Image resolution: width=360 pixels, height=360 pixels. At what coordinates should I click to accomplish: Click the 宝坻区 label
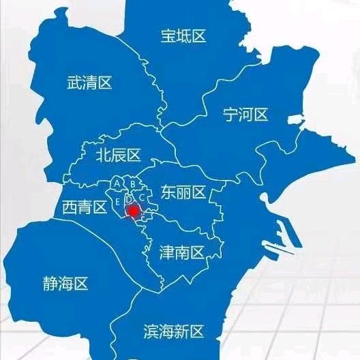[x=183, y=36]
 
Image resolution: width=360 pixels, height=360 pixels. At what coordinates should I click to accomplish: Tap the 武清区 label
[x=89, y=83]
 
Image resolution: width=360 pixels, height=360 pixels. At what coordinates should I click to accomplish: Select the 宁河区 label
[x=246, y=115]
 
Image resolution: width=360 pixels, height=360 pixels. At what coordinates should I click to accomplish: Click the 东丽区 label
[x=183, y=193]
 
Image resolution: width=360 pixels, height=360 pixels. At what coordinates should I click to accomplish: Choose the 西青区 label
[x=85, y=207]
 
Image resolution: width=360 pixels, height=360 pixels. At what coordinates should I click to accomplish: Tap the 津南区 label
[x=182, y=253]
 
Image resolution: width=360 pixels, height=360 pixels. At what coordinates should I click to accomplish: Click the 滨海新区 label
[x=174, y=331]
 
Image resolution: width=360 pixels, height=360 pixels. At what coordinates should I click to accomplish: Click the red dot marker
[x=133, y=212]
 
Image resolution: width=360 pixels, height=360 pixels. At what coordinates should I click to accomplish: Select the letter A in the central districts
[x=117, y=183]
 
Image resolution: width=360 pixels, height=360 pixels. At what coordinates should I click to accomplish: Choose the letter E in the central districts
[x=117, y=202]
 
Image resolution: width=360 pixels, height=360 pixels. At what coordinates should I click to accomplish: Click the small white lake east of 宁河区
[x=295, y=119]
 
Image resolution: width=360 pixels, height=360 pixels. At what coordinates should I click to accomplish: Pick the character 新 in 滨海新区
[x=181, y=331]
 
